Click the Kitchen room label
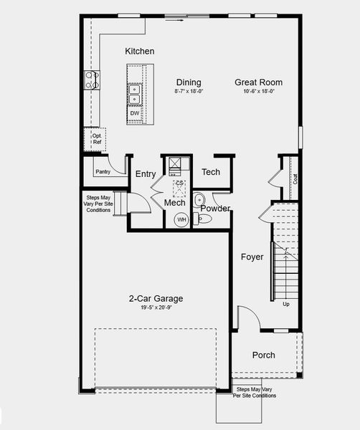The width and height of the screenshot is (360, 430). pyautogui.click(x=139, y=51)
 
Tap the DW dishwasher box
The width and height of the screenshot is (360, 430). pyautogui.click(x=135, y=113)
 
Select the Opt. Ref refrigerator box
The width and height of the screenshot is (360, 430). pyautogui.click(x=97, y=138)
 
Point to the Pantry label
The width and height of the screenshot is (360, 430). pyautogui.click(x=103, y=172)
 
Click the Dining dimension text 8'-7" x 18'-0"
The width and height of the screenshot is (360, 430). pyautogui.click(x=189, y=92)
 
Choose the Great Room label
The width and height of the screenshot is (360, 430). pyautogui.click(x=255, y=82)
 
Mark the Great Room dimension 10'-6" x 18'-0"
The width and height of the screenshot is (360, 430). pyautogui.click(x=255, y=92)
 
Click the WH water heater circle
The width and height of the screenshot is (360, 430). pyautogui.click(x=181, y=219)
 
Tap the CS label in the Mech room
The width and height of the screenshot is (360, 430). pyautogui.click(x=180, y=184)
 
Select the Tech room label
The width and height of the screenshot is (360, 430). pyautogui.click(x=211, y=172)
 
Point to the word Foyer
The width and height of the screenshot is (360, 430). pyautogui.click(x=252, y=257)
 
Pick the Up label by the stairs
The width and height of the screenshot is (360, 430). pyautogui.click(x=286, y=305)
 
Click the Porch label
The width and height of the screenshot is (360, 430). pyautogui.click(x=263, y=355)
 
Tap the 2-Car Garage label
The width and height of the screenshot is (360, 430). pyautogui.click(x=156, y=299)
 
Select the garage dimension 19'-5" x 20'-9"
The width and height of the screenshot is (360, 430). pyautogui.click(x=156, y=308)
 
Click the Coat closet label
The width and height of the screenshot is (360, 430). pyautogui.click(x=295, y=178)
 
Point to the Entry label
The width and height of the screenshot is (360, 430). pyautogui.click(x=146, y=174)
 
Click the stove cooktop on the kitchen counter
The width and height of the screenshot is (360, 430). pyautogui.click(x=92, y=79)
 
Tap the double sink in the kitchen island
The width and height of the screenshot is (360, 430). pyautogui.click(x=135, y=93)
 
